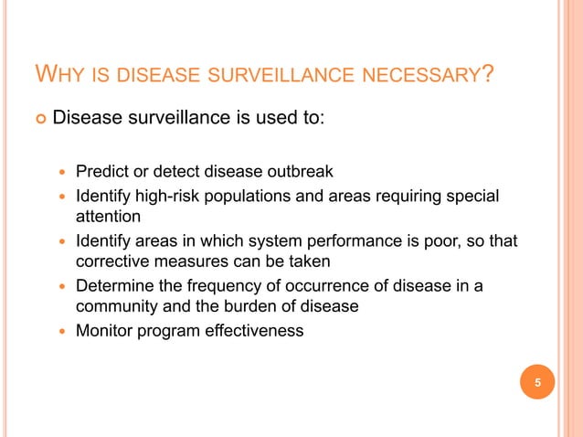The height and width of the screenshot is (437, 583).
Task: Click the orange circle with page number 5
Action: (x=538, y=382)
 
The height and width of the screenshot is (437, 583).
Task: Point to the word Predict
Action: (x=101, y=170)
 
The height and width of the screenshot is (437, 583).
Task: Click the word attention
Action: (x=108, y=217)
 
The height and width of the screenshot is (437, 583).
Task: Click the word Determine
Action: (x=114, y=286)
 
